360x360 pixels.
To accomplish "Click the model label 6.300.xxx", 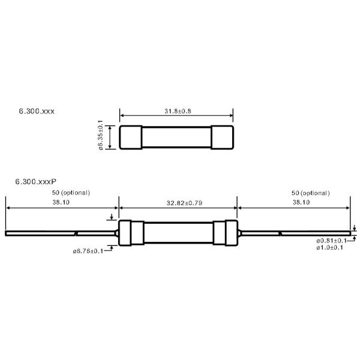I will pos(37,112).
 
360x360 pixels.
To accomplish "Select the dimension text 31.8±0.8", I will pos(176,110).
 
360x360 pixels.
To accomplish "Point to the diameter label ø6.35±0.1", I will pos(100,137).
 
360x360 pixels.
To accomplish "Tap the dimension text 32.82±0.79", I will pos(178,203).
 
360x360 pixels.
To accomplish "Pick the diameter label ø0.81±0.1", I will pos(329,241).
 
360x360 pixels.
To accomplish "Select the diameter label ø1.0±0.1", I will pos(329,248).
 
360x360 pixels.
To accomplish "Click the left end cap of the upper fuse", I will pos(129,137).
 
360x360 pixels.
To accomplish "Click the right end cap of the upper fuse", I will pos(223,137).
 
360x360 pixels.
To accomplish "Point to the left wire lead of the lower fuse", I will pos(60,233).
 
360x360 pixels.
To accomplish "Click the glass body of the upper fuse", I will pos(176,137).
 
